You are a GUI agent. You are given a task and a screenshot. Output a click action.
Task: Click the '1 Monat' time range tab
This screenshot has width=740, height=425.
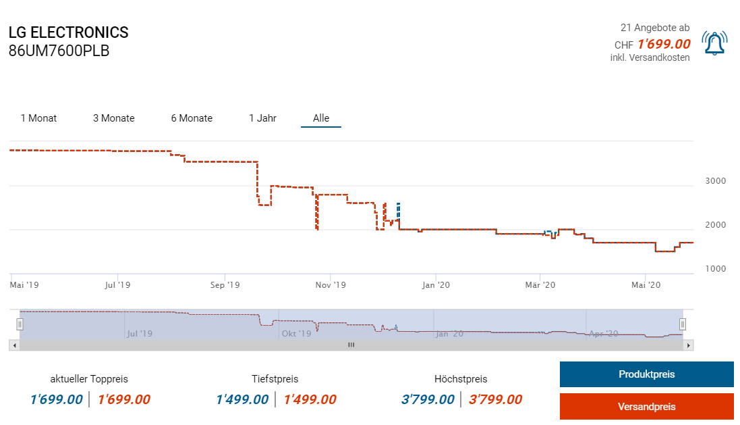(x=38, y=118)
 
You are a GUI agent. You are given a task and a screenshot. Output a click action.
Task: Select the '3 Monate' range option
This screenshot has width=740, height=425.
(x=114, y=118)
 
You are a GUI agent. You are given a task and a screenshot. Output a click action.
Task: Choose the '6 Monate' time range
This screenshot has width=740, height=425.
(x=192, y=118)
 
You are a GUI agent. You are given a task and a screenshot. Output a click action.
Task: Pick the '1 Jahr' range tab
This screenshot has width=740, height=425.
(x=262, y=118)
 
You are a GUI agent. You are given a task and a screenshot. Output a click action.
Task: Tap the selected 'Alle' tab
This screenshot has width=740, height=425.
(x=321, y=118)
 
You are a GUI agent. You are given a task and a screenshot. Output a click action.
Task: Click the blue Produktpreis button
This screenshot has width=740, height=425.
(x=646, y=374)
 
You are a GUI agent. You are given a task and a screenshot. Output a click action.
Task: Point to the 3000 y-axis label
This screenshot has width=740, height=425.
(x=715, y=181)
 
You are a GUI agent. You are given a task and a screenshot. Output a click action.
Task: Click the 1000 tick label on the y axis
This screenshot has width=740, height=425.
(x=715, y=269)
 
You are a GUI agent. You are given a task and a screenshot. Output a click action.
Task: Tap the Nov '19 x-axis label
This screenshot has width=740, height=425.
(x=331, y=285)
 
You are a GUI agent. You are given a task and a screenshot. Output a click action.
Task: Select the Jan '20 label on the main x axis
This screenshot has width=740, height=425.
(x=436, y=285)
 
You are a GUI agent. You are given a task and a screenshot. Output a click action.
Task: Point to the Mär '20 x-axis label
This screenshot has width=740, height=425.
(x=540, y=285)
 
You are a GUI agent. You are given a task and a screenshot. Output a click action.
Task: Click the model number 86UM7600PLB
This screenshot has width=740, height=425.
(x=59, y=51)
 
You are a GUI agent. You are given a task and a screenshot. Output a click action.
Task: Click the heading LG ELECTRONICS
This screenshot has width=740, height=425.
(x=68, y=32)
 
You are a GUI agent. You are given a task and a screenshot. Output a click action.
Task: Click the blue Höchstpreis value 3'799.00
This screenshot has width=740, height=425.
(x=428, y=399)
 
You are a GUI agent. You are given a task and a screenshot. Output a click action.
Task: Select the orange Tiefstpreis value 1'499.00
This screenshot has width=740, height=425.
(x=310, y=399)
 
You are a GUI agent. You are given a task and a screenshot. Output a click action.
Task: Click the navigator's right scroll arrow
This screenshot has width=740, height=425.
(x=688, y=345)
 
